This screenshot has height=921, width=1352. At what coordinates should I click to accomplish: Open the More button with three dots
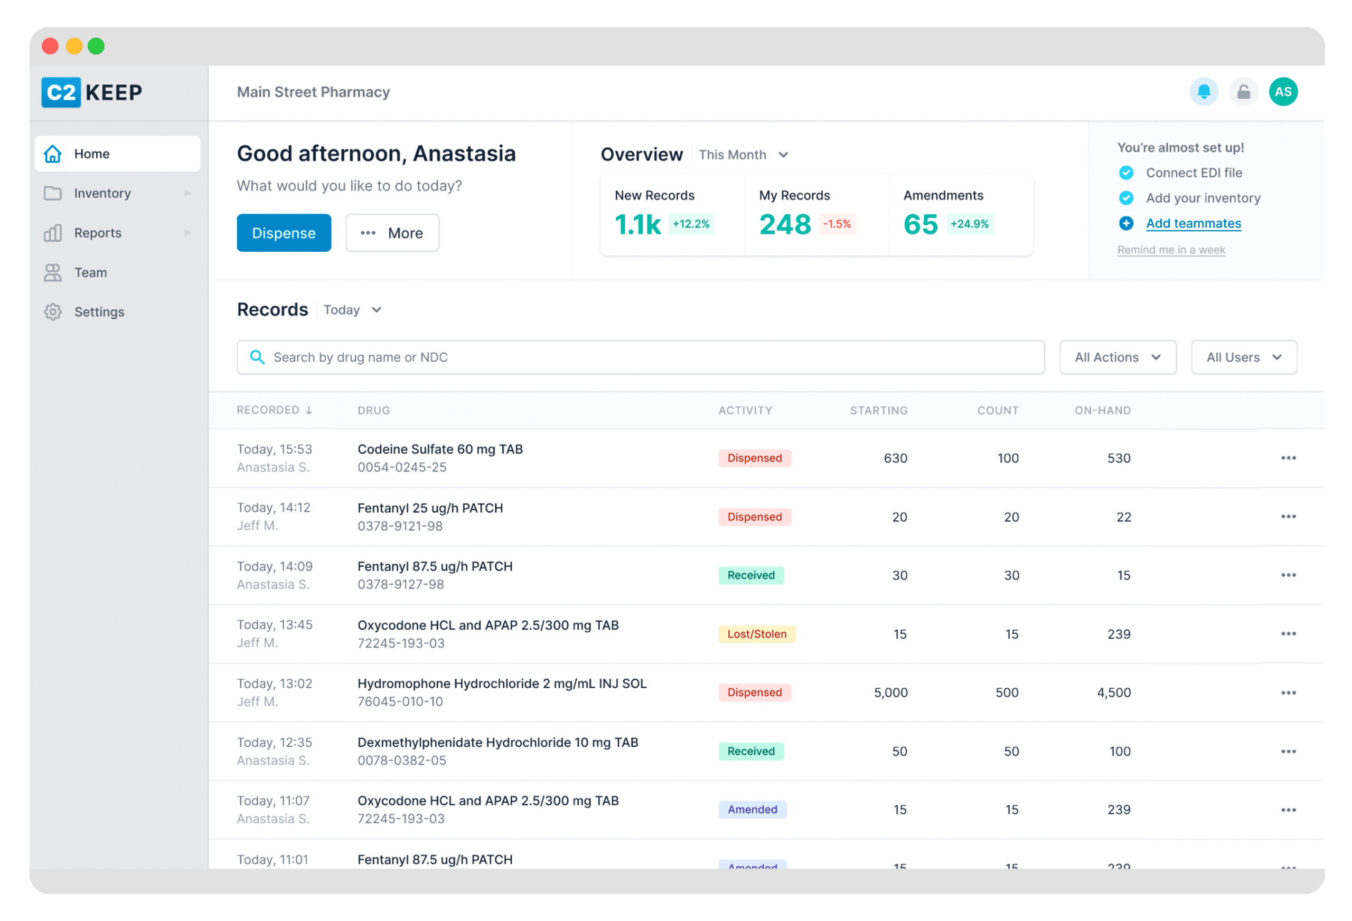point(392,233)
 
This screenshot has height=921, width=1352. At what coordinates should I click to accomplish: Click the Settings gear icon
point(53,311)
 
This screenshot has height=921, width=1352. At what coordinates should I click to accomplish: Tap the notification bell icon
point(1204,92)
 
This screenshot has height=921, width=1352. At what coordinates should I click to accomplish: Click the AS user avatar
point(1283,92)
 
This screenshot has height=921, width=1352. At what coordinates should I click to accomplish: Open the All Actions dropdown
point(1118,357)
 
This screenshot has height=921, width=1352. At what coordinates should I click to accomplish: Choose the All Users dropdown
point(1244,357)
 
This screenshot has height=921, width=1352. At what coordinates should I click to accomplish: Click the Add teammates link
point(1193,223)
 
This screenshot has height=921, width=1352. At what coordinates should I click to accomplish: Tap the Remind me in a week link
point(1171,250)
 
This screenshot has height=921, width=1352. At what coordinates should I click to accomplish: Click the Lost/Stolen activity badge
point(757,634)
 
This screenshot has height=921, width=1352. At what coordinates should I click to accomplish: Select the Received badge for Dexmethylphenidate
point(751,751)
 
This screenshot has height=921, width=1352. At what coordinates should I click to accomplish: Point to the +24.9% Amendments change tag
point(970,224)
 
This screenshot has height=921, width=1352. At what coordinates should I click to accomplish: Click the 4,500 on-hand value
point(1113,692)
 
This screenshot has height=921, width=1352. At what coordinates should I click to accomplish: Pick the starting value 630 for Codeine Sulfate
point(895,458)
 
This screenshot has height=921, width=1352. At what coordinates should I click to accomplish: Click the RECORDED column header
point(274,410)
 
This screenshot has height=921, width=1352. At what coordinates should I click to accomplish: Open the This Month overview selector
point(743,155)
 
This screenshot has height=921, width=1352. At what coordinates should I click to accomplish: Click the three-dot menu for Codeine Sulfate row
point(1288,458)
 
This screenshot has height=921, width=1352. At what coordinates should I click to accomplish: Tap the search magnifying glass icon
point(257,357)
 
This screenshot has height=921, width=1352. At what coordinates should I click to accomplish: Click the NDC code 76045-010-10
point(400,702)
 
